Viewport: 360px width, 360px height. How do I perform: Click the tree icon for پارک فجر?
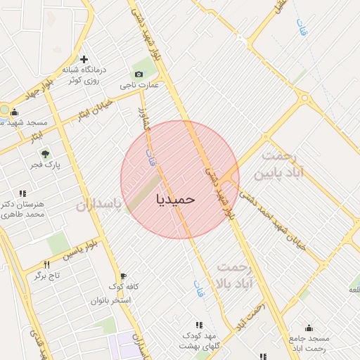coord(46,154)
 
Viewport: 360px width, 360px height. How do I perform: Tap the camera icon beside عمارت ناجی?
coord(139,74)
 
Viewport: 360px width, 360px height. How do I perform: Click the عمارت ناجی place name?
coord(139,86)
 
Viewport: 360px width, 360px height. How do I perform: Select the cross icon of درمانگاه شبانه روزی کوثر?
coord(84,59)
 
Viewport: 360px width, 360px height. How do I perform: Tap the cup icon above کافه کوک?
coord(123,276)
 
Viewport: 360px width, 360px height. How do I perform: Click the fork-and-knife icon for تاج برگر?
coord(47,264)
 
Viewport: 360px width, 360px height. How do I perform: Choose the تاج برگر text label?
coord(47,276)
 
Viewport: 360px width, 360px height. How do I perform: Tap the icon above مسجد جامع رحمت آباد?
coord(309,327)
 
